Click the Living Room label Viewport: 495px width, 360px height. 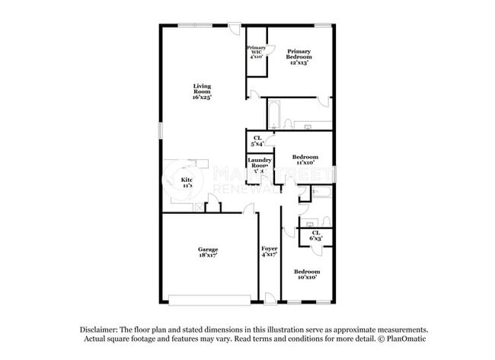(201, 91)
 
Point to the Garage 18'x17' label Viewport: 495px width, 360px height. (208, 252)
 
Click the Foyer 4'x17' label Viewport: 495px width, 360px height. (269, 252)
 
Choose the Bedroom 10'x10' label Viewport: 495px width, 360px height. (307, 274)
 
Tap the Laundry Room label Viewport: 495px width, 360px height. (260, 165)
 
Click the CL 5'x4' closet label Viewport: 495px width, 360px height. (257, 141)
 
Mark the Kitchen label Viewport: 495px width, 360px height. (187, 183)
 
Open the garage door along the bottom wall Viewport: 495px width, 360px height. (209, 298)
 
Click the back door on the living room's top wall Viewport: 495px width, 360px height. (235, 29)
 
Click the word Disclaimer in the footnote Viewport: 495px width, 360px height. (101, 330)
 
